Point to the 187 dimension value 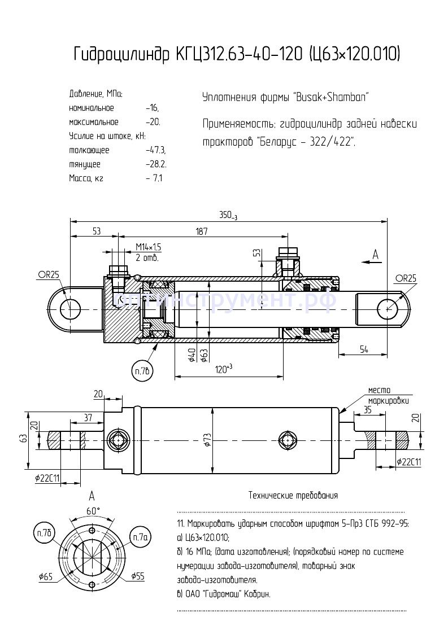201,231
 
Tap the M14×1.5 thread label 149,247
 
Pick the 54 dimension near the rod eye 363,350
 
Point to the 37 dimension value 88,417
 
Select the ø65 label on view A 46,576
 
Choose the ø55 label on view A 137,576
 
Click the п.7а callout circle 140,535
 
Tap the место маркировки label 388,395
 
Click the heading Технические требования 293,496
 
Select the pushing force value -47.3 155,150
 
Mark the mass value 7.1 156,178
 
